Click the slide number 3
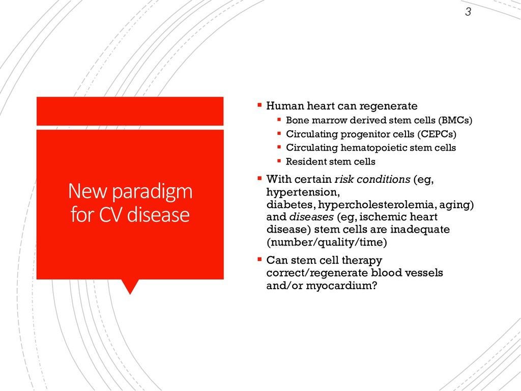(x=468, y=12)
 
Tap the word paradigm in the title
(x=152, y=192)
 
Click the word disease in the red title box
(x=159, y=214)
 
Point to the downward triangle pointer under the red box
(x=130, y=286)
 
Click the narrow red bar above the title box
(x=130, y=111)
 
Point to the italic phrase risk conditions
(x=372, y=179)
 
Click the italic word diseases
(x=311, y=217)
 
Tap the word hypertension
(x=303, y=192)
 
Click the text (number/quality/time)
(x=327, y=242)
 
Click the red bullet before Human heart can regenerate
(x=259, y=105)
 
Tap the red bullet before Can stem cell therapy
(x=259, y=259)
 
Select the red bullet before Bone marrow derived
(x=279, y=119)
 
